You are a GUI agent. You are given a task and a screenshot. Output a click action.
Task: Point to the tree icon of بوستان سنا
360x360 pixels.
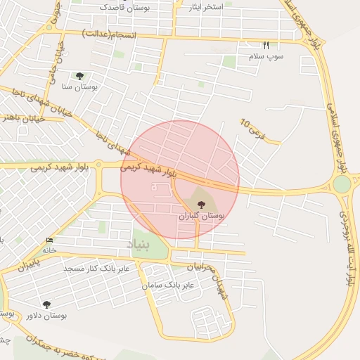[79, 75]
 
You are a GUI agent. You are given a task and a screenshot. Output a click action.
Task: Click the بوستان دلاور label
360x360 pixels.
[64, 316]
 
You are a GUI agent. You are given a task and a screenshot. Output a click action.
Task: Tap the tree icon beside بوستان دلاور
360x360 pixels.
[47, 304]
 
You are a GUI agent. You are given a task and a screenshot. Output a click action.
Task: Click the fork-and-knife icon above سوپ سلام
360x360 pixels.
[266, 46]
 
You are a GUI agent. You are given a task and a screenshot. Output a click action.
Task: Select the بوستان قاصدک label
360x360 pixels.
[123, 7]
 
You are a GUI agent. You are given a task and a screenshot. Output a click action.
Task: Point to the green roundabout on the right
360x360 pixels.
[342, 184]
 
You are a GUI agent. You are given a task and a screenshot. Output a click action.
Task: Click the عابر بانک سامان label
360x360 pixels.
[167, 285]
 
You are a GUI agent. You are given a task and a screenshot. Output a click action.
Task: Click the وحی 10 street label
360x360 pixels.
[252, 128]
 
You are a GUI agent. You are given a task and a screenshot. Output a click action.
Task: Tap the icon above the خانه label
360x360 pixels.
[49, 240]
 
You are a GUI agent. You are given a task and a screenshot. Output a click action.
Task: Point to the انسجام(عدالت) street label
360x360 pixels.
[108, 32]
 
